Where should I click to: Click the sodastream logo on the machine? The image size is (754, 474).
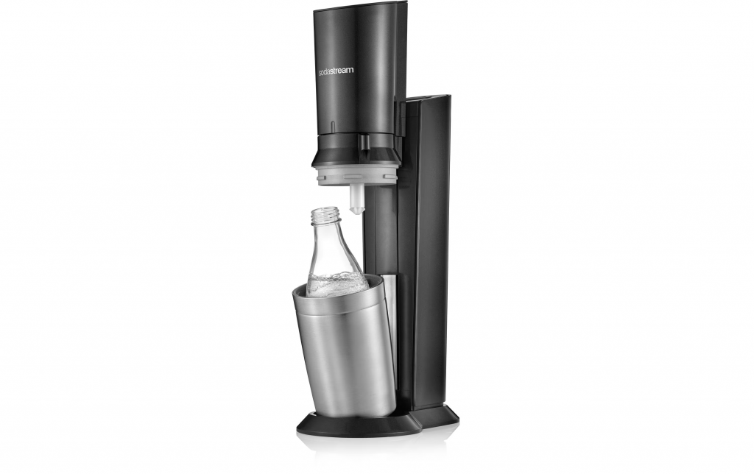tap(336, 70)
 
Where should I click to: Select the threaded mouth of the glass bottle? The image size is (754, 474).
tap(325, 215)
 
